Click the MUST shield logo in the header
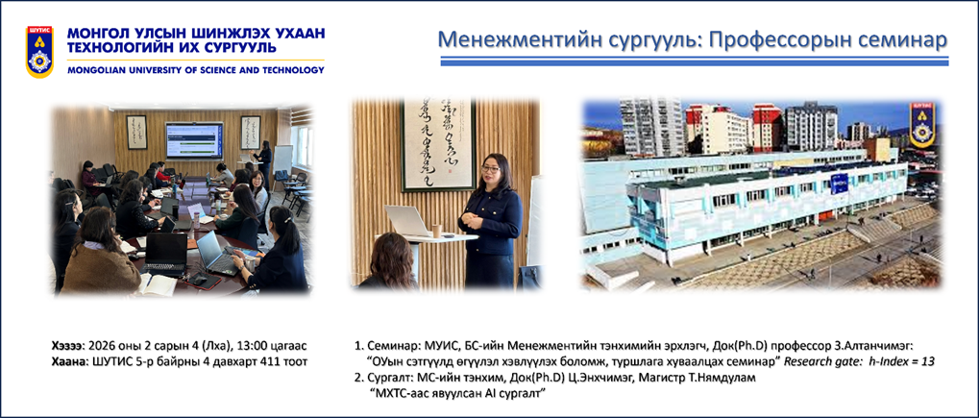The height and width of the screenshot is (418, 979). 39,52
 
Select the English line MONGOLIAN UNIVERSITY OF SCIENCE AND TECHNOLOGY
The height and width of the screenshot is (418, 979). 196,70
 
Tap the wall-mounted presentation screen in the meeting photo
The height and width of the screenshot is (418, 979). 193,140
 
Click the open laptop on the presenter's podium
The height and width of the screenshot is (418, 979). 407,221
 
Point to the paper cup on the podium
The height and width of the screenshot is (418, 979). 437,231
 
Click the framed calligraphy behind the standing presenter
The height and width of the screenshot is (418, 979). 437,144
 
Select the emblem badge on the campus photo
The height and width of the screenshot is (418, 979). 921,125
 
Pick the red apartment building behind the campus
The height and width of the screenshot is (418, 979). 768,128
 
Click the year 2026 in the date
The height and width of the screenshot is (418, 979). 101,346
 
